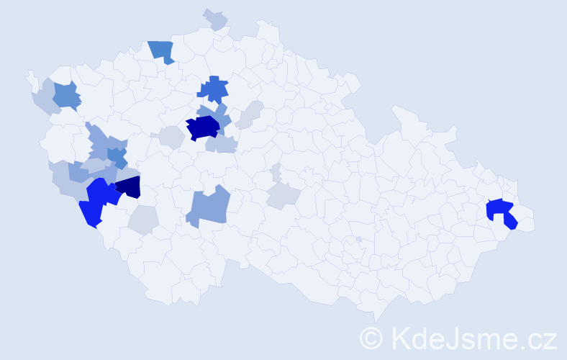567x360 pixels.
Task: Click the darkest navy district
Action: [x=130, y=187]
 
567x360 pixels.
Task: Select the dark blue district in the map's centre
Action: [x=203, y=127]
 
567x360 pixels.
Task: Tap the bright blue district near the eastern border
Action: [x=502, y=212]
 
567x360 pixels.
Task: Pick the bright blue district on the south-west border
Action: [x=96, y=202]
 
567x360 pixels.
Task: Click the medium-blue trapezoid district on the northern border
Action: [x=162, y=51]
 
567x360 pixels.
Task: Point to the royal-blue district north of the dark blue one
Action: [x=214, y=89]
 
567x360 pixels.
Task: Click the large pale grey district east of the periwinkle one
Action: [x=283, y=194]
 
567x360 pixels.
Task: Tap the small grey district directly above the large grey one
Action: [x=277, y=172]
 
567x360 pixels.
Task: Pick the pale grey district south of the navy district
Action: [x=145, y=220]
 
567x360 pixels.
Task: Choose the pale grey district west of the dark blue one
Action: [x=171, y=137]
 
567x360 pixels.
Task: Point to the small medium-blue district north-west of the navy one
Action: [x=117, y=156]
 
